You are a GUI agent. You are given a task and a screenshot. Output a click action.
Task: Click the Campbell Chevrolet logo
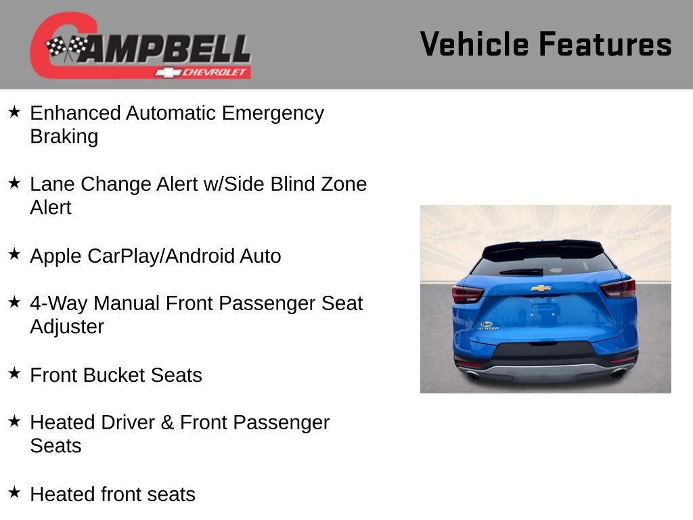point(141,46)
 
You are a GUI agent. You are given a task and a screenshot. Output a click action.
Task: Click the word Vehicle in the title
point(474,45)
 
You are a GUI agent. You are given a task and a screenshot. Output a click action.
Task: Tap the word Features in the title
point(605,45)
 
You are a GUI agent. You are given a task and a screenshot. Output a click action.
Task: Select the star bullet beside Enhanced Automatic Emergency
point(14,112)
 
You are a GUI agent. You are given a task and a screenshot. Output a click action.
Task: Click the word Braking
point(64,137)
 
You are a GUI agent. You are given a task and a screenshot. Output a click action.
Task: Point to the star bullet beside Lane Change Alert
point(14,183)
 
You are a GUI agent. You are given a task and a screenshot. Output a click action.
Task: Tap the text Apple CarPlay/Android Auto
point(155,256)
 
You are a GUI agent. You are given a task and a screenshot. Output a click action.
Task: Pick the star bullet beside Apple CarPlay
point(14,255)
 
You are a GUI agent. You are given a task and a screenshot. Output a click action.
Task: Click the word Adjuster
point(67,327)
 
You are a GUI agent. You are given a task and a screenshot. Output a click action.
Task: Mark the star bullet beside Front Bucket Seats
point(14,374)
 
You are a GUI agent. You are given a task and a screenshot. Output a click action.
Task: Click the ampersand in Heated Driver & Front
point(167,422)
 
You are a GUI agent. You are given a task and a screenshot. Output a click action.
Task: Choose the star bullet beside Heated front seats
point(14,492)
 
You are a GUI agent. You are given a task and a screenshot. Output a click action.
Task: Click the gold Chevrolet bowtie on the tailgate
point(541,288)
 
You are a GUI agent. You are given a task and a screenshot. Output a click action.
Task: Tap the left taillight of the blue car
point(468,294)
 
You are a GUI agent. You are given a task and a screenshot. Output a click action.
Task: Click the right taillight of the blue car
point(618,289)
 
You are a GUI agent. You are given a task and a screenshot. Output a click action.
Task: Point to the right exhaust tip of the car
point(618,373)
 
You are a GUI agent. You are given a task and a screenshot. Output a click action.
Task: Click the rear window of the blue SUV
point(541,265)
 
